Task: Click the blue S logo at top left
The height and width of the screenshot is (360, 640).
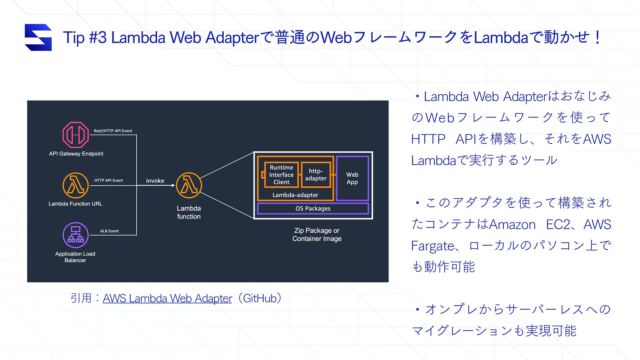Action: click(x=38, y=37)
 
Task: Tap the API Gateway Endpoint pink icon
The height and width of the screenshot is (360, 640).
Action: click(x=76, y=135)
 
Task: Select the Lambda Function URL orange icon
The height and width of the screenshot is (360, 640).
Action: click(x=76, y=185)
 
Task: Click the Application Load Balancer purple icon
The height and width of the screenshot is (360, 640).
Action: click(x=76, y=235)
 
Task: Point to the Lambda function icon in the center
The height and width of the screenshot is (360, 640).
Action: click(x=189, y=185)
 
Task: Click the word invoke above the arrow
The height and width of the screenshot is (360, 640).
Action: click(x=155, y=181)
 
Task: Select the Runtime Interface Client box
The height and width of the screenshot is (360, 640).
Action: click(x=281, y=175)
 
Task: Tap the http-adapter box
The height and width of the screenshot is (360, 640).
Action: click(x=316, y=175)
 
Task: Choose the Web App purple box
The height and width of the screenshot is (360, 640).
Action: click(x=352, y=178)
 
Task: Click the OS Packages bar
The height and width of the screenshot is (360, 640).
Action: click(x=313, y=209)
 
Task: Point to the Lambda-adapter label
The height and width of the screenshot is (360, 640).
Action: click(x=295, y=195)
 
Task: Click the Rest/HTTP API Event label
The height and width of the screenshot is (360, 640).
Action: click(x=113, y=131)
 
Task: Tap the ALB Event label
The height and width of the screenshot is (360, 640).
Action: click(x=109, y=231)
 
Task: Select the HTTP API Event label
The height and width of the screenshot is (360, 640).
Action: click(x=109, y=180)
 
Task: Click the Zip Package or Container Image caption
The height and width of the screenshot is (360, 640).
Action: click(x=317, y=235)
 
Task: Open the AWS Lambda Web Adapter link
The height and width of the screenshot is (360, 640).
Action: click(x=167, y=298)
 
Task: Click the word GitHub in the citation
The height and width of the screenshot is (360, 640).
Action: click(x=260, y=298)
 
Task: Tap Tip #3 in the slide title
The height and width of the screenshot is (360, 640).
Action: click(x=85, y=37)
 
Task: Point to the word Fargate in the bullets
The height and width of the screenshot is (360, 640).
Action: click(x=432, y=246)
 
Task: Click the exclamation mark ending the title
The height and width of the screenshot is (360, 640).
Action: click(x=597, y=37)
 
